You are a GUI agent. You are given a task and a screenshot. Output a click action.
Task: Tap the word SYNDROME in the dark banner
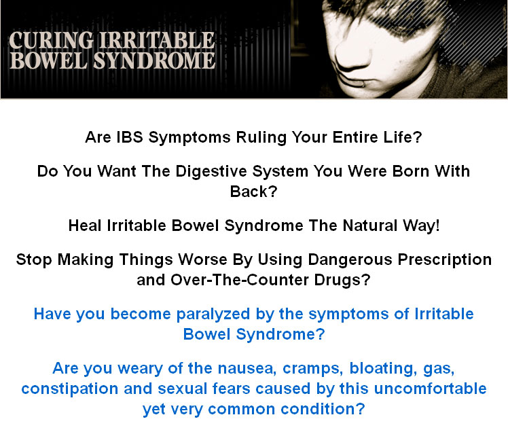[x=154, y=60]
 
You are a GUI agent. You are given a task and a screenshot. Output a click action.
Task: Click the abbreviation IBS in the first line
[x=130, y=137]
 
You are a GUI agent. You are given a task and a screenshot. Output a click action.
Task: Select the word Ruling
[x=261, y=138]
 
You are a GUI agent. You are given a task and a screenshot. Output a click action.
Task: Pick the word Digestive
[x=211, y=171]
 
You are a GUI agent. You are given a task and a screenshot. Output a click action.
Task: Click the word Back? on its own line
[x=254, y=192]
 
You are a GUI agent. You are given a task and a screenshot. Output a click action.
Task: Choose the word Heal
[x=85, y=226]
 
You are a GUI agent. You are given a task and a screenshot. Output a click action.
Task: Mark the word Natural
[x=370, y=226]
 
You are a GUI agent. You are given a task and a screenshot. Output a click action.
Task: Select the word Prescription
[x=445, y=260]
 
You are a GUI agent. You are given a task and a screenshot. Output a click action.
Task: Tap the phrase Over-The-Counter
[x=240, y=280]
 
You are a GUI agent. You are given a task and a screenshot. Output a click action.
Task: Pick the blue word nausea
[x=247, y=369]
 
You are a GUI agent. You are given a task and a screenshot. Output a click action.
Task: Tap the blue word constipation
[x=70, y=389]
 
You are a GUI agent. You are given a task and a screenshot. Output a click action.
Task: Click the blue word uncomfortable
[x=431, y=389]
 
